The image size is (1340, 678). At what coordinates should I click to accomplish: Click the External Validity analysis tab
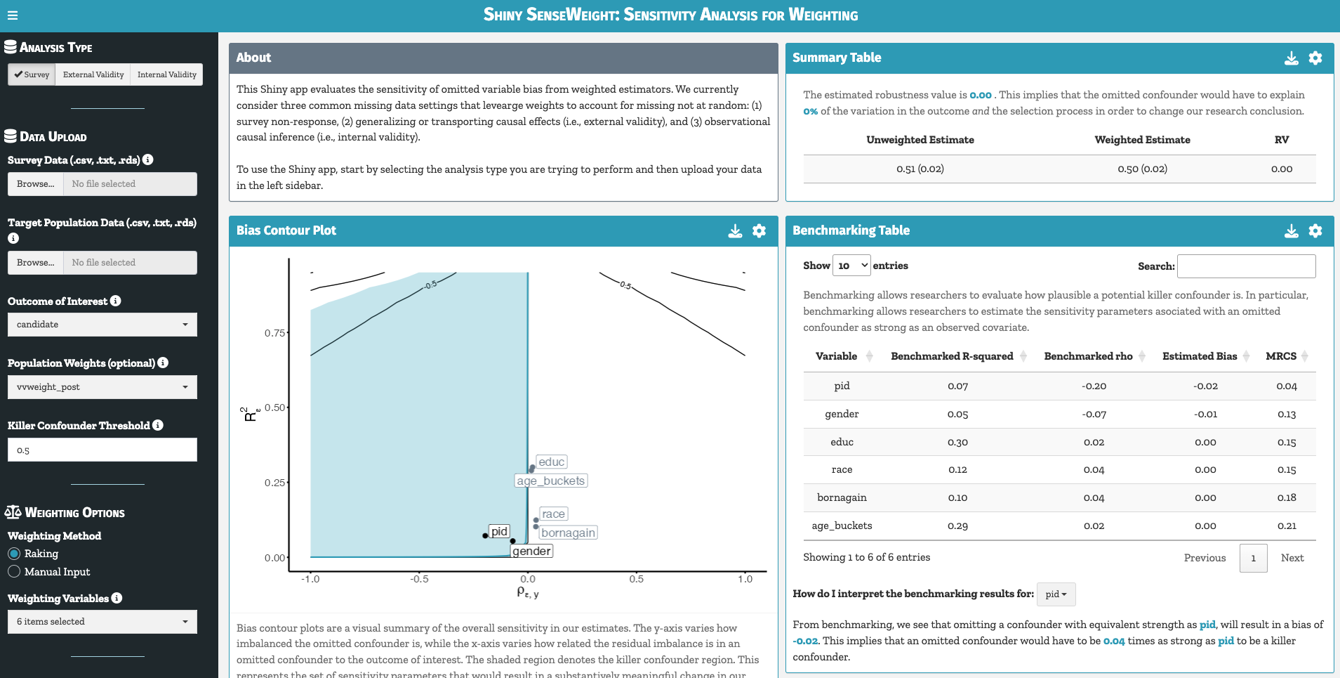(93, 74)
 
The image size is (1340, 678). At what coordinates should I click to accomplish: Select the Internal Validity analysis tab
(166, 74)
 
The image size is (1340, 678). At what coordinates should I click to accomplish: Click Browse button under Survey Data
(35, 184)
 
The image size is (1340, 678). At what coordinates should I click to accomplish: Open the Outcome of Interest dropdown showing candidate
(102, 325)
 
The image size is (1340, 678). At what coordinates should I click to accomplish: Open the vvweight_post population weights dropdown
(102, 387)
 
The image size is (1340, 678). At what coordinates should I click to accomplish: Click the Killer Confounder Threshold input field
(102, 450)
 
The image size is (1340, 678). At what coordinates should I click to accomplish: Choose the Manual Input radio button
(14, 572)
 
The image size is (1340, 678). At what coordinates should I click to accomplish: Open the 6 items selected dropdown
(102, 622)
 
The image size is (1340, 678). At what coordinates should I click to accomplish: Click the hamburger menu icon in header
(12, 15)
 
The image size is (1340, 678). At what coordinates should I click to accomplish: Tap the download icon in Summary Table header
(1291, 58)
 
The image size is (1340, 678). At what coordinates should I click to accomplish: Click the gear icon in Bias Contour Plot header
(759, 231)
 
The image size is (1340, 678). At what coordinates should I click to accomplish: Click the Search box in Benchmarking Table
(1246, 266)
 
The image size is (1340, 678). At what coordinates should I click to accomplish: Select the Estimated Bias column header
(1199, 356)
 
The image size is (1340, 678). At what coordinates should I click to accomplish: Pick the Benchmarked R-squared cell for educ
(957, 442)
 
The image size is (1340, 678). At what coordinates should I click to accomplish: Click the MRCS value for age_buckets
(1286, 526)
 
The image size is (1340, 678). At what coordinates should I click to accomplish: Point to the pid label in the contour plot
(499, 531)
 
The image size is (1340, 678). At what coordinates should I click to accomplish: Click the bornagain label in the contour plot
(568, 533)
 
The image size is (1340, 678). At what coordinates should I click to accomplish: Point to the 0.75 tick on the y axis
(274, 333)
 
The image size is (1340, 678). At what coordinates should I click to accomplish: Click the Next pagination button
(1292, 558)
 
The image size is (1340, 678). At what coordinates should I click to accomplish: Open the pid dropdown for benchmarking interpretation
(1055, 594)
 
